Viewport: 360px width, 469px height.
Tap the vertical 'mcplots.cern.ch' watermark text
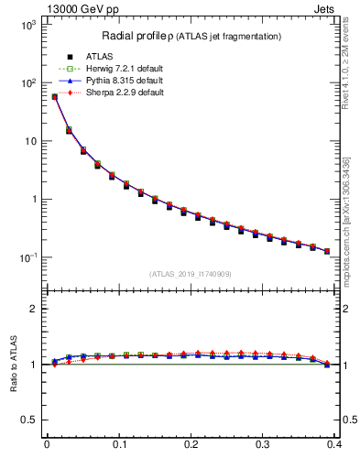[353, 229]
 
